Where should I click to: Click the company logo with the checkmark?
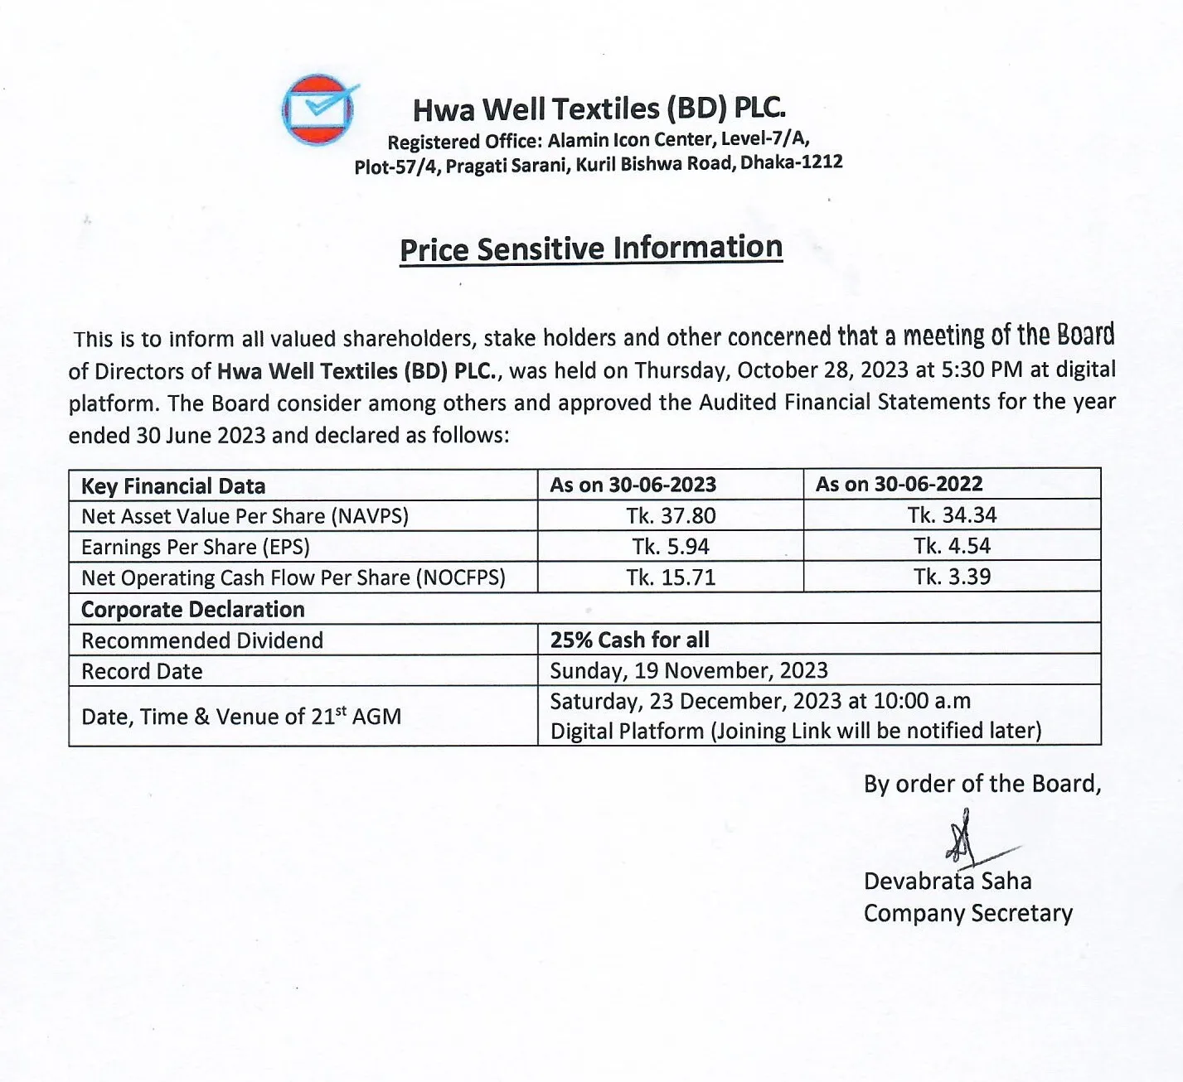[320, 109]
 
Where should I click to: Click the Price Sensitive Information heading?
[590, 249]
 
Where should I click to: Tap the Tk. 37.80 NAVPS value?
[671, 515]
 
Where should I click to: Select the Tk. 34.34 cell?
[952, 515]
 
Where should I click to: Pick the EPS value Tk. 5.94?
[671, 547]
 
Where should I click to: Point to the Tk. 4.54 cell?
[952, 546]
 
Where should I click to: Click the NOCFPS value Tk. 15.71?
[671, 577]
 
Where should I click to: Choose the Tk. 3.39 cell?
[952, 577]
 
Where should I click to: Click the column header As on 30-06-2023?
[633, 485]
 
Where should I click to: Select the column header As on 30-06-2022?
[899, 484]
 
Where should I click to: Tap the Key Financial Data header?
[173, 486]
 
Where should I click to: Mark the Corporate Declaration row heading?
[193, 610]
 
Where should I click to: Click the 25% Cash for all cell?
[630, 640]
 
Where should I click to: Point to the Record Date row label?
[142, 671]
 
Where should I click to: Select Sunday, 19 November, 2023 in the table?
[689, 670]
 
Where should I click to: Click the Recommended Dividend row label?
[202, 640]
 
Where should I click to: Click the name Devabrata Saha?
[948, 881]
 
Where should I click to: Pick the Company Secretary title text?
[967, 913]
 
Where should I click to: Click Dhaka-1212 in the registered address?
[791, 162]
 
